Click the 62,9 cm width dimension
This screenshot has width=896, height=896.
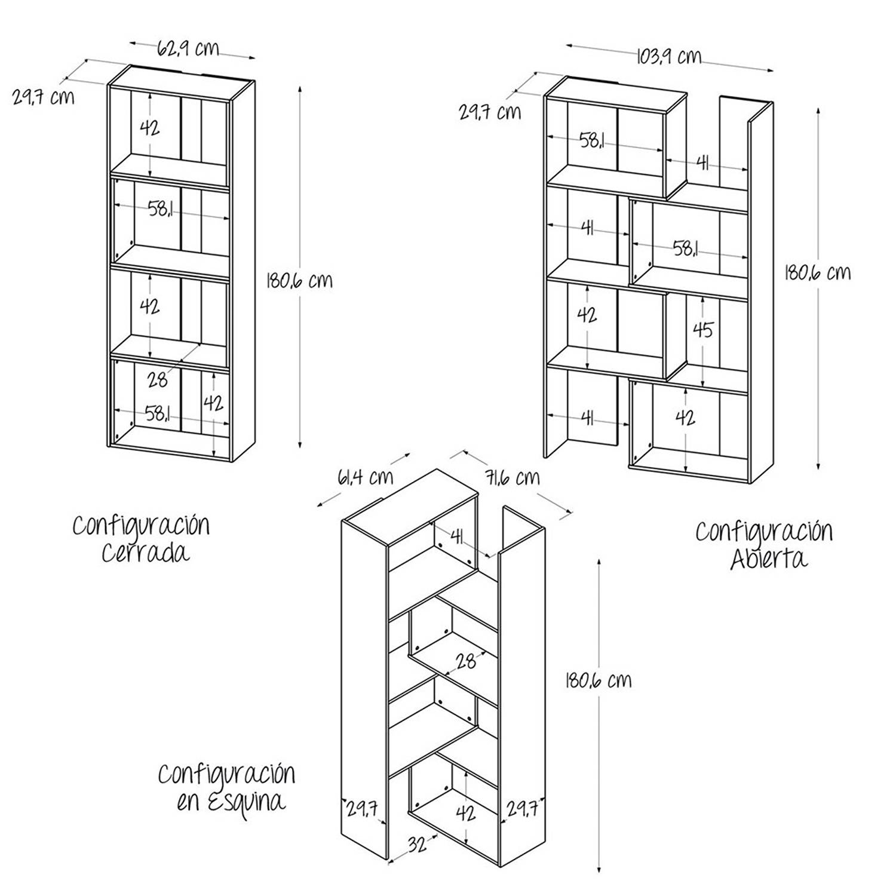pyautogui.click(x=188, y=48)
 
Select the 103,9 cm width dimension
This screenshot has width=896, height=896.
pyautogui.click(x=668, y=57)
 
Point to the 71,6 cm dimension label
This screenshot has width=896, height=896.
pyautogui.click(x=512, y=478)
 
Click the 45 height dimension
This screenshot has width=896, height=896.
pyautogui.click(x=703, y=329)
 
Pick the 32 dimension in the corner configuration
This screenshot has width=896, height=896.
pyautogui.click(x=417, y=844)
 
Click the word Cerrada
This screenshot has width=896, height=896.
pyautogui.click(x=145, y=553)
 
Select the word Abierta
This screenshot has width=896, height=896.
pyautogui.click(x=769, y=559)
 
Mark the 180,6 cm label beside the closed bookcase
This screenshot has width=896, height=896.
pyautogui.click(x=299, y=280)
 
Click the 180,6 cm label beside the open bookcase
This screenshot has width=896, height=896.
pyautogui.click(x=817, y=272)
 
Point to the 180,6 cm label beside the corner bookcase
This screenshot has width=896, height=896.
pyautogui.click(x=598, y=680)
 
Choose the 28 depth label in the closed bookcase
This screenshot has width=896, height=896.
pyautogui.click(x=157, y=380)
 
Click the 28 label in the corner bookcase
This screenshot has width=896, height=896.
pyautogui.click(x=466, y=661)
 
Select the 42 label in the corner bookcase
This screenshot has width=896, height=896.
pyautogui.click(x=465, y=813)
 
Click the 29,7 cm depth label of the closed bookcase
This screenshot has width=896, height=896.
pyautogui.click(x=44, y=97)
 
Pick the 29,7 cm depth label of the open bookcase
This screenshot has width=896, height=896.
pyautogui.click(x=490, y=112)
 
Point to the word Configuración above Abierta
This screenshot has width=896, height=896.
pyautogui.click(x=763, y=532)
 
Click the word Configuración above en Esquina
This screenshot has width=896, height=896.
pyautogui.click(x=226, y=774)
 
